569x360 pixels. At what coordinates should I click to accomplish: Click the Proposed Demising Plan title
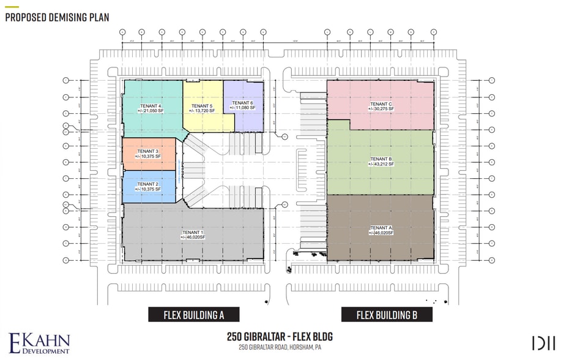point(57,17)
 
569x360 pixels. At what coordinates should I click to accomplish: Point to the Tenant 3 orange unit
point(148,154)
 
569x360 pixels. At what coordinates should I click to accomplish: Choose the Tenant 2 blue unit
point(148,187)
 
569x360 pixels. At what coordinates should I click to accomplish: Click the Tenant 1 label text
point(193,232)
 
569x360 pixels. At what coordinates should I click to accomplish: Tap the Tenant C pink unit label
point(381,103)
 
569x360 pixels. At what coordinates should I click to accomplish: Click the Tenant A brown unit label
point(381,228)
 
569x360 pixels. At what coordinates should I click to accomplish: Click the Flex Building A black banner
point(193,315)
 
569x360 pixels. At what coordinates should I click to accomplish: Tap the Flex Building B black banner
point(387,315)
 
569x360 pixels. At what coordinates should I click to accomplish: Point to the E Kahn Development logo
point(40,343)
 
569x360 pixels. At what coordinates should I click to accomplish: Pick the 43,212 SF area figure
point(381,165)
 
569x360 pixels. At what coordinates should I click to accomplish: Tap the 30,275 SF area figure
point(381,108)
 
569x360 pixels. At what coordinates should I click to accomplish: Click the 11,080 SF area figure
point(244,108)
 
